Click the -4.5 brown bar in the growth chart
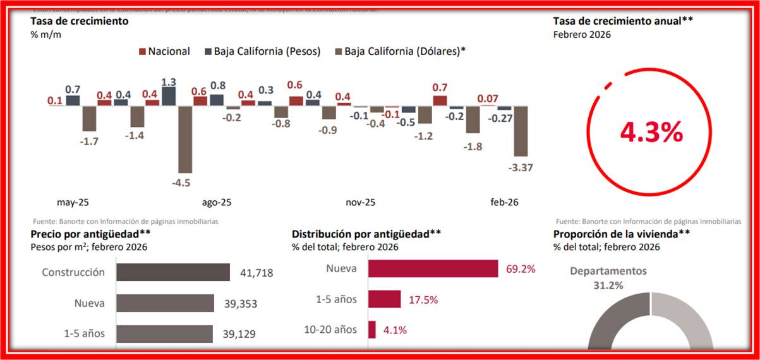coord(185,139)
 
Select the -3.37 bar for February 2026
coord(521,131)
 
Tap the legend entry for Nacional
coord(164,51)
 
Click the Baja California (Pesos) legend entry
coord(263,51)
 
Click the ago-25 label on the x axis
coord(217,203)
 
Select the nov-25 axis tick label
coord(361,203)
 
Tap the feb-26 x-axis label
coord(505,203)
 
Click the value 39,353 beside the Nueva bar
coord(239,303)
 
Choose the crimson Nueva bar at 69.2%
coord(433,268)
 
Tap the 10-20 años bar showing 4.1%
coord(372,330)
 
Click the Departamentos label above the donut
coord(608,271)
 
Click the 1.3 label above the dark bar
coord(169,82)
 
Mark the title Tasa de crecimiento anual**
coord(623,21)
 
